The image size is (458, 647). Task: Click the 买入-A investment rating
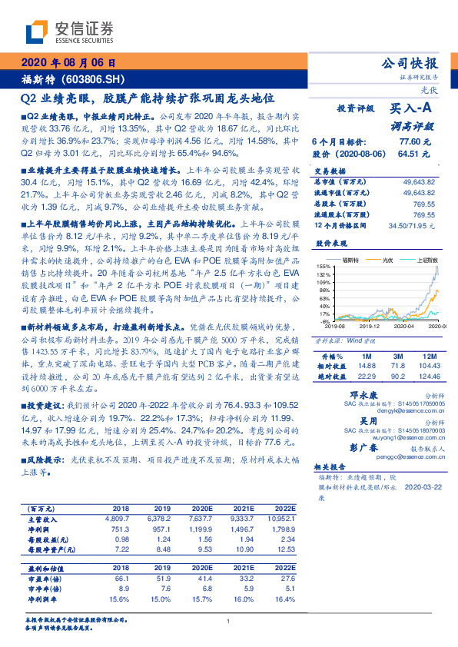click(415, 110)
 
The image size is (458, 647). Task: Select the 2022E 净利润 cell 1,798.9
click(282, 529)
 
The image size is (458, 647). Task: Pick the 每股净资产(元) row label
click(50, 549)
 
